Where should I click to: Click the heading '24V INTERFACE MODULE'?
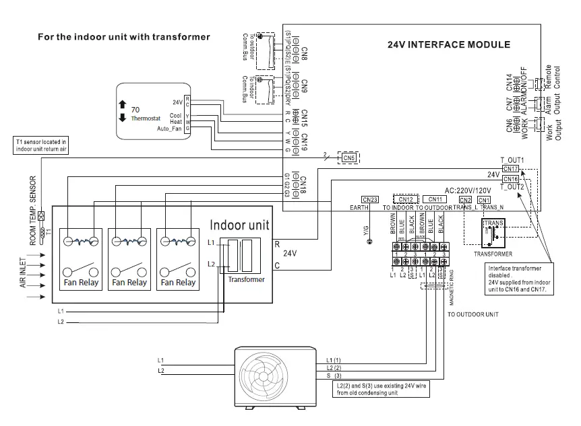pos(448,45)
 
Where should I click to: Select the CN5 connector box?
pos(348,157)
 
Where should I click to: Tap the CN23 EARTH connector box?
pos(369,199)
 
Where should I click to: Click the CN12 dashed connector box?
pos(406,199)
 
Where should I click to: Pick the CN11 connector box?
pos(435,199)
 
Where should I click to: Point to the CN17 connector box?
pos(510,168)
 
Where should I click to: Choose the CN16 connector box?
pos(510,178)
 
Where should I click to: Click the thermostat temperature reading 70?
pos(135,108)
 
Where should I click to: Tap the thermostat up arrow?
pos(122,104)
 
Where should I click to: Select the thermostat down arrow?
pos(122,118)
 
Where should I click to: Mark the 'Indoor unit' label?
pos(241,225)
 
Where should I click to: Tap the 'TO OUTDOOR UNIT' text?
pos(473,314)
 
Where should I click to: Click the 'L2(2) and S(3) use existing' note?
pos(379,389)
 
